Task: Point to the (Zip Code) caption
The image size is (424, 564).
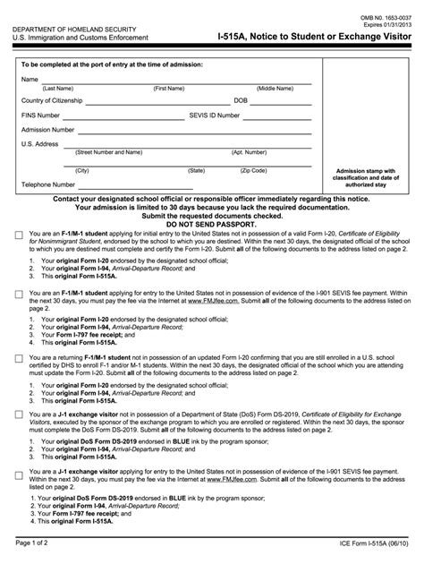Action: (254, 170)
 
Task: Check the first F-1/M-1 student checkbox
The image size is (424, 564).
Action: (19, 235)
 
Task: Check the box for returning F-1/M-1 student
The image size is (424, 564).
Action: (19, 357)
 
